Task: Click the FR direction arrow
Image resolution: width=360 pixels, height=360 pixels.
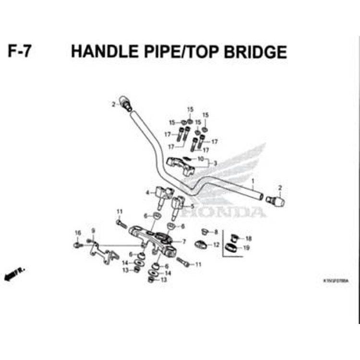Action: tap(13, 275)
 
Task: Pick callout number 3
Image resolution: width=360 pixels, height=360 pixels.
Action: tap(215, 163)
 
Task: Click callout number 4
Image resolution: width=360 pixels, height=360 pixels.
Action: tap(147, 193)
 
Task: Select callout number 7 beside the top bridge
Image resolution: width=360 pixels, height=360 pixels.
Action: tap(184, 241)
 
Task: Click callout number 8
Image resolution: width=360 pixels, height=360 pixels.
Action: tap(216, 232)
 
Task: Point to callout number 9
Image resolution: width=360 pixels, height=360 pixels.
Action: tap(93, 231)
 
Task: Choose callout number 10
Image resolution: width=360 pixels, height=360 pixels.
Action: tap(201, 158)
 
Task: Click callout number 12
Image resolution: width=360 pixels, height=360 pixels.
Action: tap(216, 245)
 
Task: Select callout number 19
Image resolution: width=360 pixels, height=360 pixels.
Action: tap(246, 248)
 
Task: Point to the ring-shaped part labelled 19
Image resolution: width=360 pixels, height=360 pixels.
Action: tap(231, 248)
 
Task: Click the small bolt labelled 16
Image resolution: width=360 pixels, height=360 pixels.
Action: tap(77, 245)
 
